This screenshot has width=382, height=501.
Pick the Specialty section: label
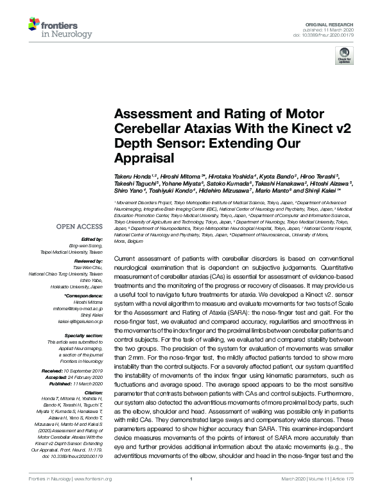tap(83, 335)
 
